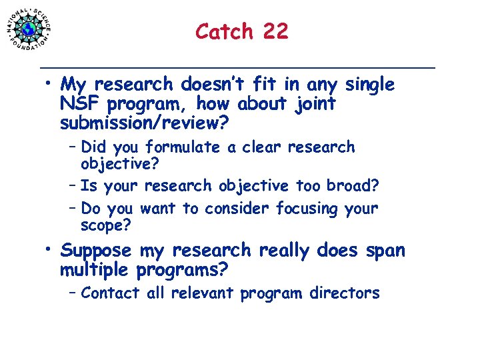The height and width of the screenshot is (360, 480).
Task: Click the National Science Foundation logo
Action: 29,28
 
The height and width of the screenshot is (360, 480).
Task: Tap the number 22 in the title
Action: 275,31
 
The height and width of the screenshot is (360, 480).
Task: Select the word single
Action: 369,85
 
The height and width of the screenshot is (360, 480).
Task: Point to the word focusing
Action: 308,209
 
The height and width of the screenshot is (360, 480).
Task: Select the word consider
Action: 237,209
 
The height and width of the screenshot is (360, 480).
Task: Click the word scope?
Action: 106,225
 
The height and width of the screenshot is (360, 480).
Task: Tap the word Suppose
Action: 97,252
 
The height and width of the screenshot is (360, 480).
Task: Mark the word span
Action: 385,251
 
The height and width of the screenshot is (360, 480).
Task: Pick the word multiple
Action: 95,271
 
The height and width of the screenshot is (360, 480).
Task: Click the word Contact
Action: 109,293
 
